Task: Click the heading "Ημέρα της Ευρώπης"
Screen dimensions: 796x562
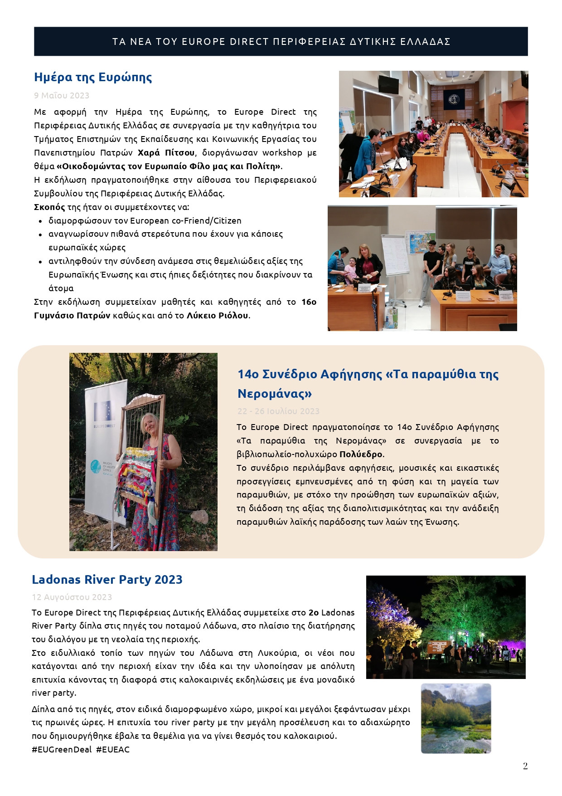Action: coord(93,77)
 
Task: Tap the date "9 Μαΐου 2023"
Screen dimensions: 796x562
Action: coord(62,95)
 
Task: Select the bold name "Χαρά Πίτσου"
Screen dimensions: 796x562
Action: coord(166,152)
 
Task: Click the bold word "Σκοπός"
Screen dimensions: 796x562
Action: coord(49,207)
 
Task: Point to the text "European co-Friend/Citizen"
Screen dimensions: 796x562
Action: coord(186,220)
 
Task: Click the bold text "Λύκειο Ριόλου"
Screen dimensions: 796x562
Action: coord(218,315)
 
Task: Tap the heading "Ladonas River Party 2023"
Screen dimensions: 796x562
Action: coord(107,580)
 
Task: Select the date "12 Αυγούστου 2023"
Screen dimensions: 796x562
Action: coord(72,597)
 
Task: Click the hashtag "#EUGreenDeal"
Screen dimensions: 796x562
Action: coord(62,749)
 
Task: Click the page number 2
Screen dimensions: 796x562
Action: coord(525,766)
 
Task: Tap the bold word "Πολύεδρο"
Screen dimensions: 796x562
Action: coord(361,454)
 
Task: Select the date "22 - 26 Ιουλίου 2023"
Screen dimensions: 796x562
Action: coord(278,411)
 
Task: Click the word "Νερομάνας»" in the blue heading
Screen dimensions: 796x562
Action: coord(275,393)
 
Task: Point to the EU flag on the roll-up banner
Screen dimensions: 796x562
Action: coord(104,411)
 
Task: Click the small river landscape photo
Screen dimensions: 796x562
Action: coord(456,718)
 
